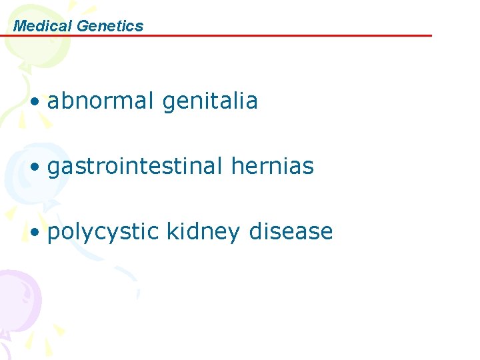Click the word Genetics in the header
(110, 26)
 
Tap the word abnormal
(101, 101)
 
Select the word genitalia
(210, 102)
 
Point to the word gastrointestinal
(135, 167)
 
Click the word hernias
(272, 166)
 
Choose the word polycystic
(103, 232)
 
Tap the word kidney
(203, 232)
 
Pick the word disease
(291, 231)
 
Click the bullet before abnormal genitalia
(35, 102)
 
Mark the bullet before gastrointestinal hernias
(35, 167)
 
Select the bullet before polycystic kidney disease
(35, 233)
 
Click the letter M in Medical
(19, 26)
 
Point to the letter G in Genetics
(83, 26)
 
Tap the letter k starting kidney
(171, 231)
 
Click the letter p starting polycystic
(53, 233)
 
